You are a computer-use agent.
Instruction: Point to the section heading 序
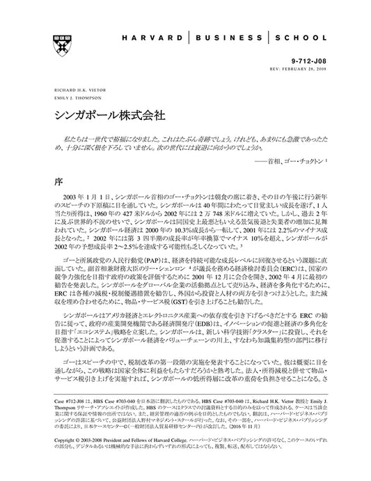pos(59,181)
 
